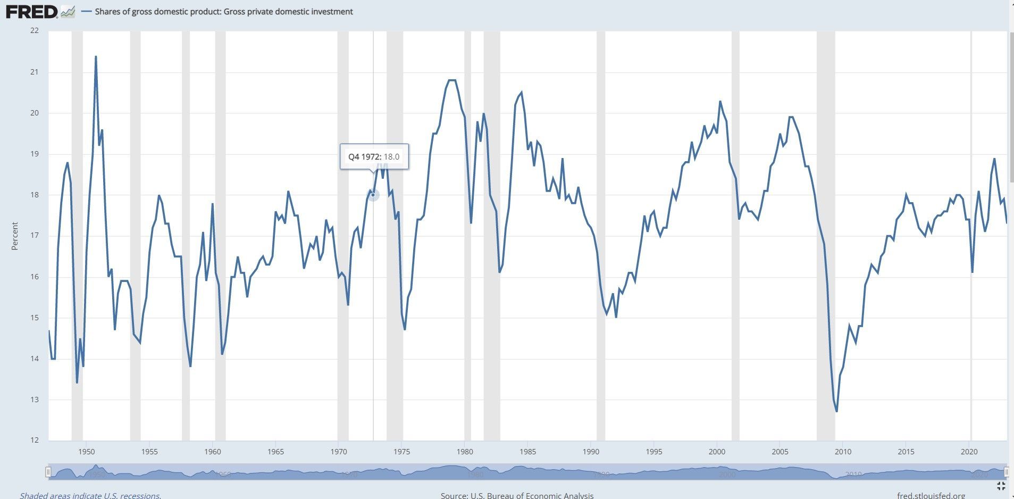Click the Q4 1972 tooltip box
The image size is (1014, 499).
coord(374,156)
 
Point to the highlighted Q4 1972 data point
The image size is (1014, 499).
coord(373,195)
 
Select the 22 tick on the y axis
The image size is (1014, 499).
coord(35,31)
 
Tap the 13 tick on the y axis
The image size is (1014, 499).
coord(35,400)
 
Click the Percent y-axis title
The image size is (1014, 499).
coord(15,236)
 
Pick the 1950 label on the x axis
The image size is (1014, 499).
coord(87,452)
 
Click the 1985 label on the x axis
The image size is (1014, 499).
coord(527,452)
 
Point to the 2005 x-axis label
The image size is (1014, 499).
coord(780,452)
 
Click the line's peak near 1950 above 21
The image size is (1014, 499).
coord(96,56)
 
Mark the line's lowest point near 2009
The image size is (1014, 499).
coord(836,411)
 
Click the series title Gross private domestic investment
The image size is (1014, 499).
coord(223,12)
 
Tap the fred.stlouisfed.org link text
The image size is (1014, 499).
coord(931,495)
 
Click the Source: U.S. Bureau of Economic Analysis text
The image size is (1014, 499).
coord(517,495)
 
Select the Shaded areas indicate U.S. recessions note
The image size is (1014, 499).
coord(90,495)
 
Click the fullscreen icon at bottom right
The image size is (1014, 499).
coord(1001,486)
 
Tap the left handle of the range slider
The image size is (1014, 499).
coord(48,472)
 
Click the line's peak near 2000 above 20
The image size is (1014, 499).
coord(720,101)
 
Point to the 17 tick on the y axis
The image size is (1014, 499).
coord(35,236)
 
